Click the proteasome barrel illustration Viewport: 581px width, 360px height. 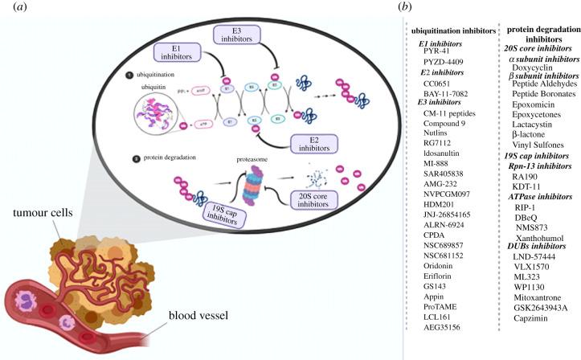point(244,191)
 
